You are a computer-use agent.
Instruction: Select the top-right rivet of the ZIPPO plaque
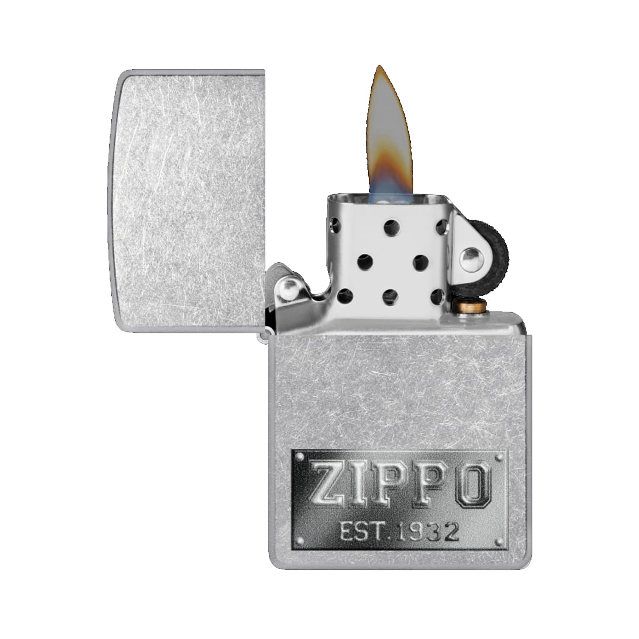pyautogui.click(x=499, y=458)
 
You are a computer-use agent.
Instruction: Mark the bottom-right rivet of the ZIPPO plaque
pyautogui.click(x=498, y=543)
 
